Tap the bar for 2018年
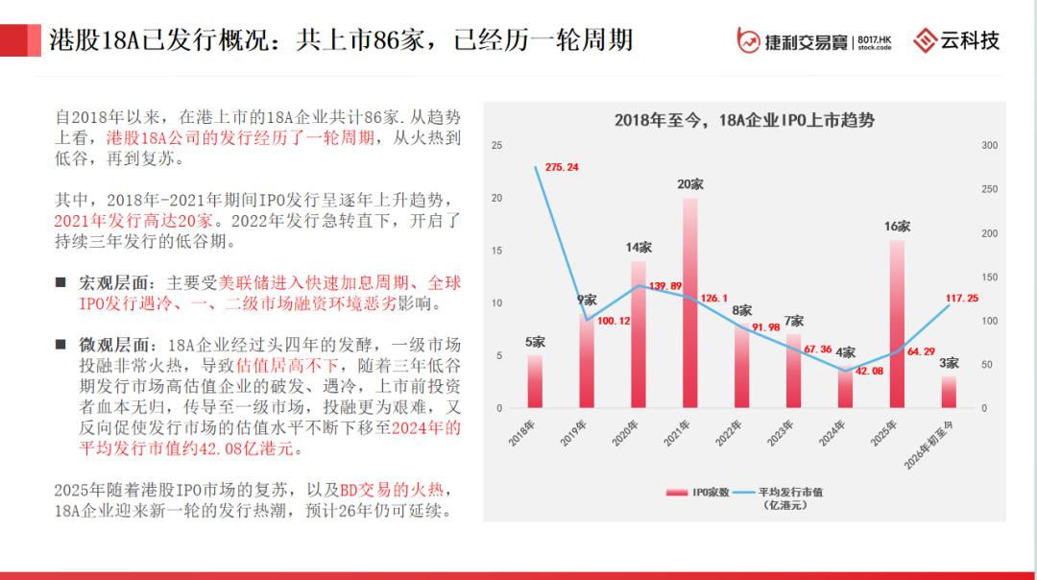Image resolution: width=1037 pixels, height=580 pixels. tap(535, 381)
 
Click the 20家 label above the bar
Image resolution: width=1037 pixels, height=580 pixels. tap(690, 184)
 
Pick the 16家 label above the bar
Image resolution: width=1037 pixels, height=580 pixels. tap(897, 227)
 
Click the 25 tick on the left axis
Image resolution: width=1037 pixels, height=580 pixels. tap(497, 146)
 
